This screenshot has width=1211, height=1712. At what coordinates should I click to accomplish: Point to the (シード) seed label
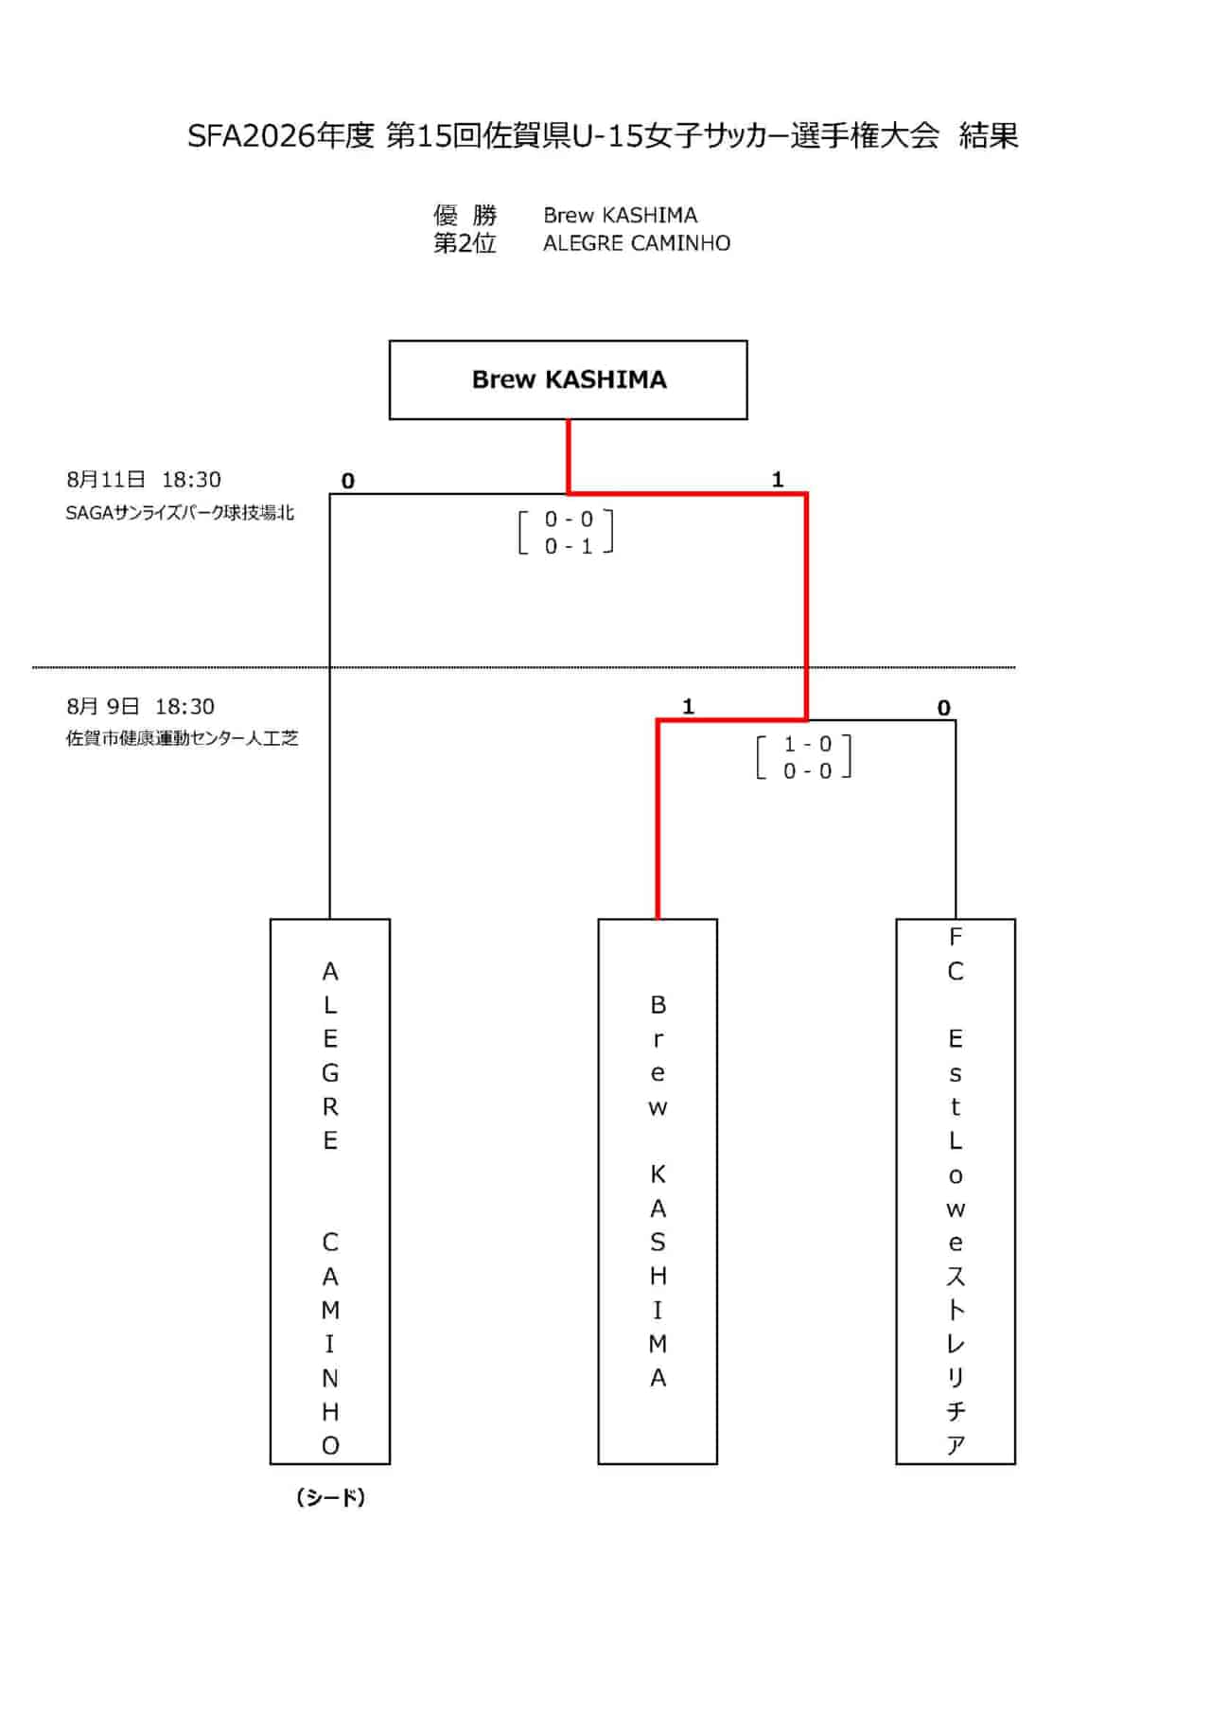coord(330,1497)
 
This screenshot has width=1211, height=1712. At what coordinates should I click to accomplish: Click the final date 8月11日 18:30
coord(144,480)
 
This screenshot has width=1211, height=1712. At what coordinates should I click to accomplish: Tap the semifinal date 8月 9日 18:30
coord(141,706)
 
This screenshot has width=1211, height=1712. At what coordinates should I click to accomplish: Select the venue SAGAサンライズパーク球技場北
coord(180,513)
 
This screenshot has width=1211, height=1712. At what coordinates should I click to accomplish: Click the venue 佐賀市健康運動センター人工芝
coord(182,738)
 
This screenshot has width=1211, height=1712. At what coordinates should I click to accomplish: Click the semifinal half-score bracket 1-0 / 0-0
coord(805,757)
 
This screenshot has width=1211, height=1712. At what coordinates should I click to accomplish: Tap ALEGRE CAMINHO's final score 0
coord(348,481)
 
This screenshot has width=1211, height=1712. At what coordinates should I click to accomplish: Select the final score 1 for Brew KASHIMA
coord(778,480)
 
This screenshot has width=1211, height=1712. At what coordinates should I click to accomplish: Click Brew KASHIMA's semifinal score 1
coord(688,706)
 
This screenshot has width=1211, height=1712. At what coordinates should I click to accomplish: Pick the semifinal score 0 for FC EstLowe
coord(943,707)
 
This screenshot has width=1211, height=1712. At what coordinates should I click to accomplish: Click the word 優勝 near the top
coord(465,215)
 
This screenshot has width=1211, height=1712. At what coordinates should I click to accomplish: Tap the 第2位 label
coord(465,243)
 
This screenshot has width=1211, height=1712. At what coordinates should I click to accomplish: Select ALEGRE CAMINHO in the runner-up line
coord(637,243)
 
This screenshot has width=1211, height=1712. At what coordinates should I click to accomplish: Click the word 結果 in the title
coord(989,136)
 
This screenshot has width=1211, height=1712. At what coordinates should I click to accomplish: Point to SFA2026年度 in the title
coord(281,136)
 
